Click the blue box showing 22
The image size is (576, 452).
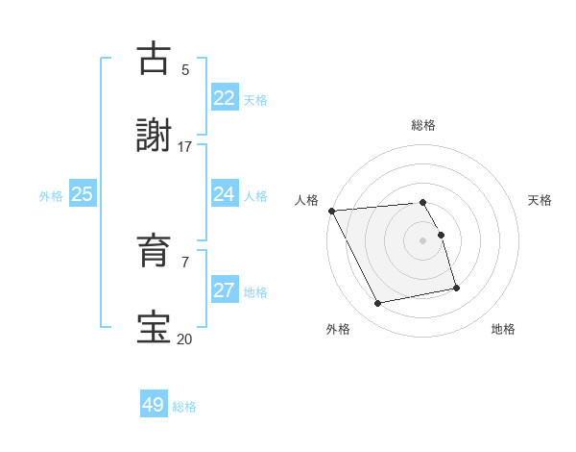[x=224, y=98]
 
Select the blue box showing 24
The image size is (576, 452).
[x=224, y=194]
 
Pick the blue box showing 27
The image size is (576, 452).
[x=224, y=290]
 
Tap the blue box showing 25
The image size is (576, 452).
[x=82, y=194]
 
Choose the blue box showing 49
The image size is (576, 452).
[x=153, y=405]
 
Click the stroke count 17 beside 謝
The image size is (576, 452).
[x=184, y=147]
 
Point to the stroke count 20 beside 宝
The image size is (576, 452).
[x=184, y=339]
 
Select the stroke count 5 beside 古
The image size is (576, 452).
[x=185, y=70]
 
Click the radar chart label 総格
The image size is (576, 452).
[x=423, y=125]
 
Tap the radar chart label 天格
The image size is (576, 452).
[x=540, y=200]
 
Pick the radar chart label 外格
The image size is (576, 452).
[x=338, y=329]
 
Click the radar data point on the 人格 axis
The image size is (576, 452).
[x=331, y=211]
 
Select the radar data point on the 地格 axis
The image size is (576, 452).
[x=456, y=287]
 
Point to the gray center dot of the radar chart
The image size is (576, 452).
[x=423, y=239]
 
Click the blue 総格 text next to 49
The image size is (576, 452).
[x=184, y=407]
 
